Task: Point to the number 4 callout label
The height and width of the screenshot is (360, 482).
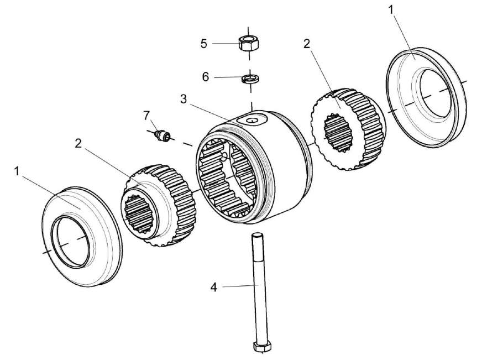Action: (214, 287)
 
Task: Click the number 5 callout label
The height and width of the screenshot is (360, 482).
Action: (204, 43)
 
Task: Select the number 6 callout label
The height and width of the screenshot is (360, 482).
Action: (206, 77)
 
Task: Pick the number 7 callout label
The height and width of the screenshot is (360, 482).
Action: (146, 115)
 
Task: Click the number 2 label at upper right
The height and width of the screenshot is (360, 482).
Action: (307, 44)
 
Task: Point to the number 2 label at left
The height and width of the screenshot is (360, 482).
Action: (78, 143)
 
